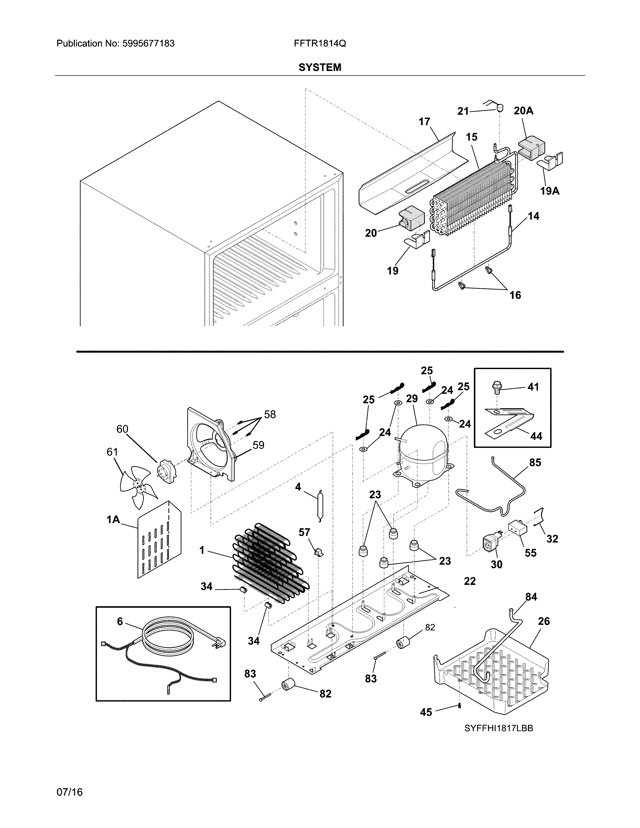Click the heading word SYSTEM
[x=319, y=67]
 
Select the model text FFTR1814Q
[x=319, y=44]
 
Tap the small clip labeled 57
[x=319, y=553]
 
